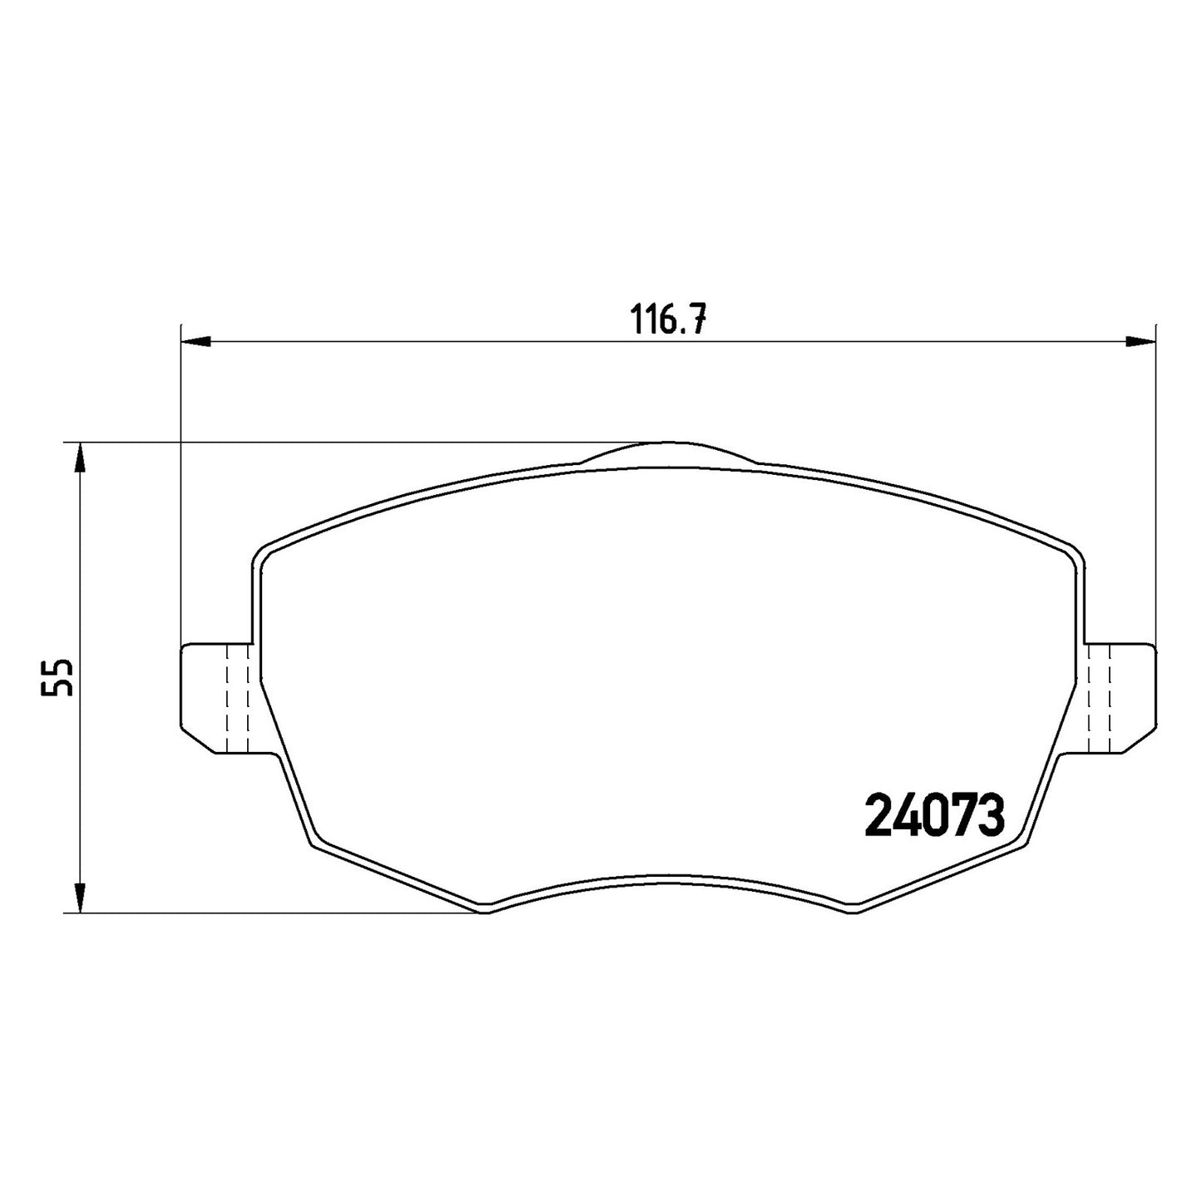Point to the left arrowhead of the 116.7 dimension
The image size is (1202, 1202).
(195, 341)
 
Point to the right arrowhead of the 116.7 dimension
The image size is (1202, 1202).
(1141, 341)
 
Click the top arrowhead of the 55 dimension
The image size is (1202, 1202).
(80, 458)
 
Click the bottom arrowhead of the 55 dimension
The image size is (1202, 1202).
(80, 898)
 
